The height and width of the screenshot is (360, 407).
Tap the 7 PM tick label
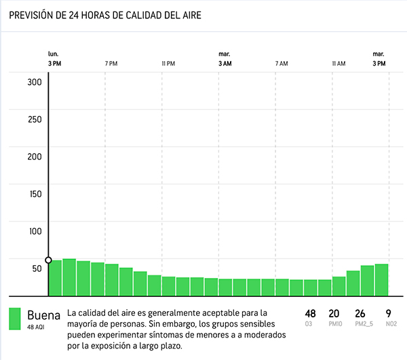pyautogui.click(x=111, y=63)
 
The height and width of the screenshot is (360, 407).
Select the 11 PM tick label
pyautogui.click(x=168, y=63)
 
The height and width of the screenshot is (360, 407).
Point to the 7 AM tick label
pyautogui.click(x=282, y=63)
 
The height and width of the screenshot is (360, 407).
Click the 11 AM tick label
pyautogui.click(x=338, y=63)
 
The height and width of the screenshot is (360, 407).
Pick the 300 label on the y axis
pyautogui.click(x=34, y=83)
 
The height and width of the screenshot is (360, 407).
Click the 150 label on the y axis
pyautogui.click(x=34, y=194)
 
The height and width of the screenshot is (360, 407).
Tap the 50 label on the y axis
pyautogui.click(x=37, y=268)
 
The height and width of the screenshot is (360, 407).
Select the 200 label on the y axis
pyautogui.click(x=34, y=157)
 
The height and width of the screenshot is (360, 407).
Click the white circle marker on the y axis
pyautogui.click(x=48, y=260)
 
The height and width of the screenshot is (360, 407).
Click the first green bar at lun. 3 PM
pyautogui.click(x=56, y=278)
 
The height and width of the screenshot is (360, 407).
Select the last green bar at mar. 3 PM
pyautogui.click(x=381, y=280)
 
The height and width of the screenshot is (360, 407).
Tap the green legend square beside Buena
pyautogui.click(x=15, y=319)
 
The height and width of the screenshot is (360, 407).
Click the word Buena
pyautogui.click(x=43, y=315)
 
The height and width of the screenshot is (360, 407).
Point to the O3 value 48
pyautogui.click(x=310, y=314)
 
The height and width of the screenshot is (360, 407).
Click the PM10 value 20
pyautogui.click(x=334, y=314)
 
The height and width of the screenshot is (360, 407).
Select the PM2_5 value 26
pyautogui.click(x=360, y=314)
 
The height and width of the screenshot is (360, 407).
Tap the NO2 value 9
pyautogui.click(x=388, y=314)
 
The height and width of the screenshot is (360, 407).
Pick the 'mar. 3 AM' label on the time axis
pyautogui.click(x=225, y=59)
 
